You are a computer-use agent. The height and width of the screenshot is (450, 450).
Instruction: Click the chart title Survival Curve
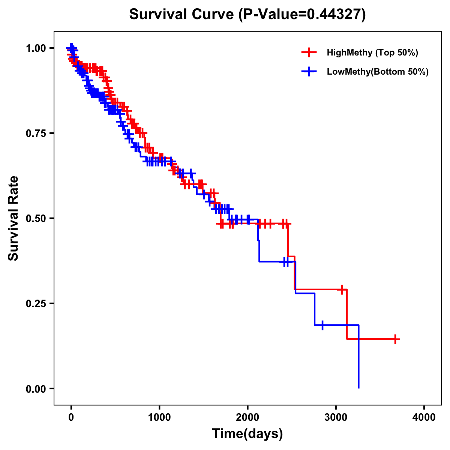tap(182, 14)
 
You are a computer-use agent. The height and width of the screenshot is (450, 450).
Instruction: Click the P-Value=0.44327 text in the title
tap(303, 14)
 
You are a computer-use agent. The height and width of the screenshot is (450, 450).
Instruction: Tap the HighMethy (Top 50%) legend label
tap(372, 52)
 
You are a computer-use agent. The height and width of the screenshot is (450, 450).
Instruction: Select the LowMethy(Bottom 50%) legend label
tap(378, 72)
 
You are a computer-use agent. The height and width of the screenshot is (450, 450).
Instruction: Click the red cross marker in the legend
tap(309, 52)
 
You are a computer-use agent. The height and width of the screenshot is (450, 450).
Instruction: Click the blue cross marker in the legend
tap(309, 72)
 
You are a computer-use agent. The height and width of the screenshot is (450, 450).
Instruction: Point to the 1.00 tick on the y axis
tap(36, 48)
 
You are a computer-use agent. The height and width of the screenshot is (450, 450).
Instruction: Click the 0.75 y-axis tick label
tap(36, 133)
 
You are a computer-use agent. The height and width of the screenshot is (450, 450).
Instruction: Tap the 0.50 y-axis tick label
tap(36, 218)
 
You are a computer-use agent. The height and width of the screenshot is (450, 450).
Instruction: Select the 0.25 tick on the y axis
tap(36, 303)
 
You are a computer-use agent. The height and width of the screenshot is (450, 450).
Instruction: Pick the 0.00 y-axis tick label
tap(36, 388)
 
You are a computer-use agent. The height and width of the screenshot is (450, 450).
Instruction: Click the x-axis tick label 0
tap(71, 417)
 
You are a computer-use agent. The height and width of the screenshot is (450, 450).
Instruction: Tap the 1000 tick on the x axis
tap(159, 417)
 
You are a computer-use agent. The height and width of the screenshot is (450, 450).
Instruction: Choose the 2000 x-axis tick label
tap(247, 417)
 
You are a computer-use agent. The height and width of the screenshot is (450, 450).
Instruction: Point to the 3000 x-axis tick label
tap(336, 417)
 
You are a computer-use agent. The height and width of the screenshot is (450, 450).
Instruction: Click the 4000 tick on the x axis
tap(424, 417)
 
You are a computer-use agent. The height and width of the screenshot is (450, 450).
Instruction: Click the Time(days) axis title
tap(247, 434)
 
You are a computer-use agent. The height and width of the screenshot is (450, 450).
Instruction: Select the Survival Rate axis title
tap(13, 218)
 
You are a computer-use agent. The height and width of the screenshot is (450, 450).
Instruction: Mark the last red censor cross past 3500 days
tap(395, 339)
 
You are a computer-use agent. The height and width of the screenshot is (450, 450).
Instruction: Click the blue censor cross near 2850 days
tap(322, 325)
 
